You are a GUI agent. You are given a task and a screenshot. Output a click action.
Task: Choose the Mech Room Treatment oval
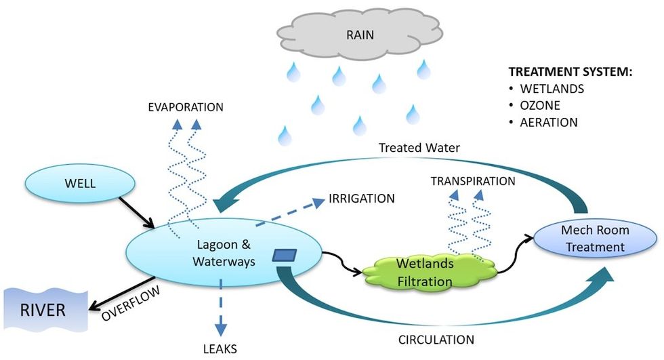596,239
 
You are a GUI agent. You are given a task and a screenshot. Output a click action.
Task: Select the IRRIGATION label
361,199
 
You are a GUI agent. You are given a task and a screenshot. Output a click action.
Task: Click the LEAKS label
220,349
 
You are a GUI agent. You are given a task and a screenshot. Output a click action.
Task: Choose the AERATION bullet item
549,122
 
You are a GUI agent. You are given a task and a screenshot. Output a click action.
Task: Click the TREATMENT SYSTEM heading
570,72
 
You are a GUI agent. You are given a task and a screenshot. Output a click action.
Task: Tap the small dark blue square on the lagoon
284,256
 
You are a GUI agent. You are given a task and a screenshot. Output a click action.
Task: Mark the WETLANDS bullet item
551,88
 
